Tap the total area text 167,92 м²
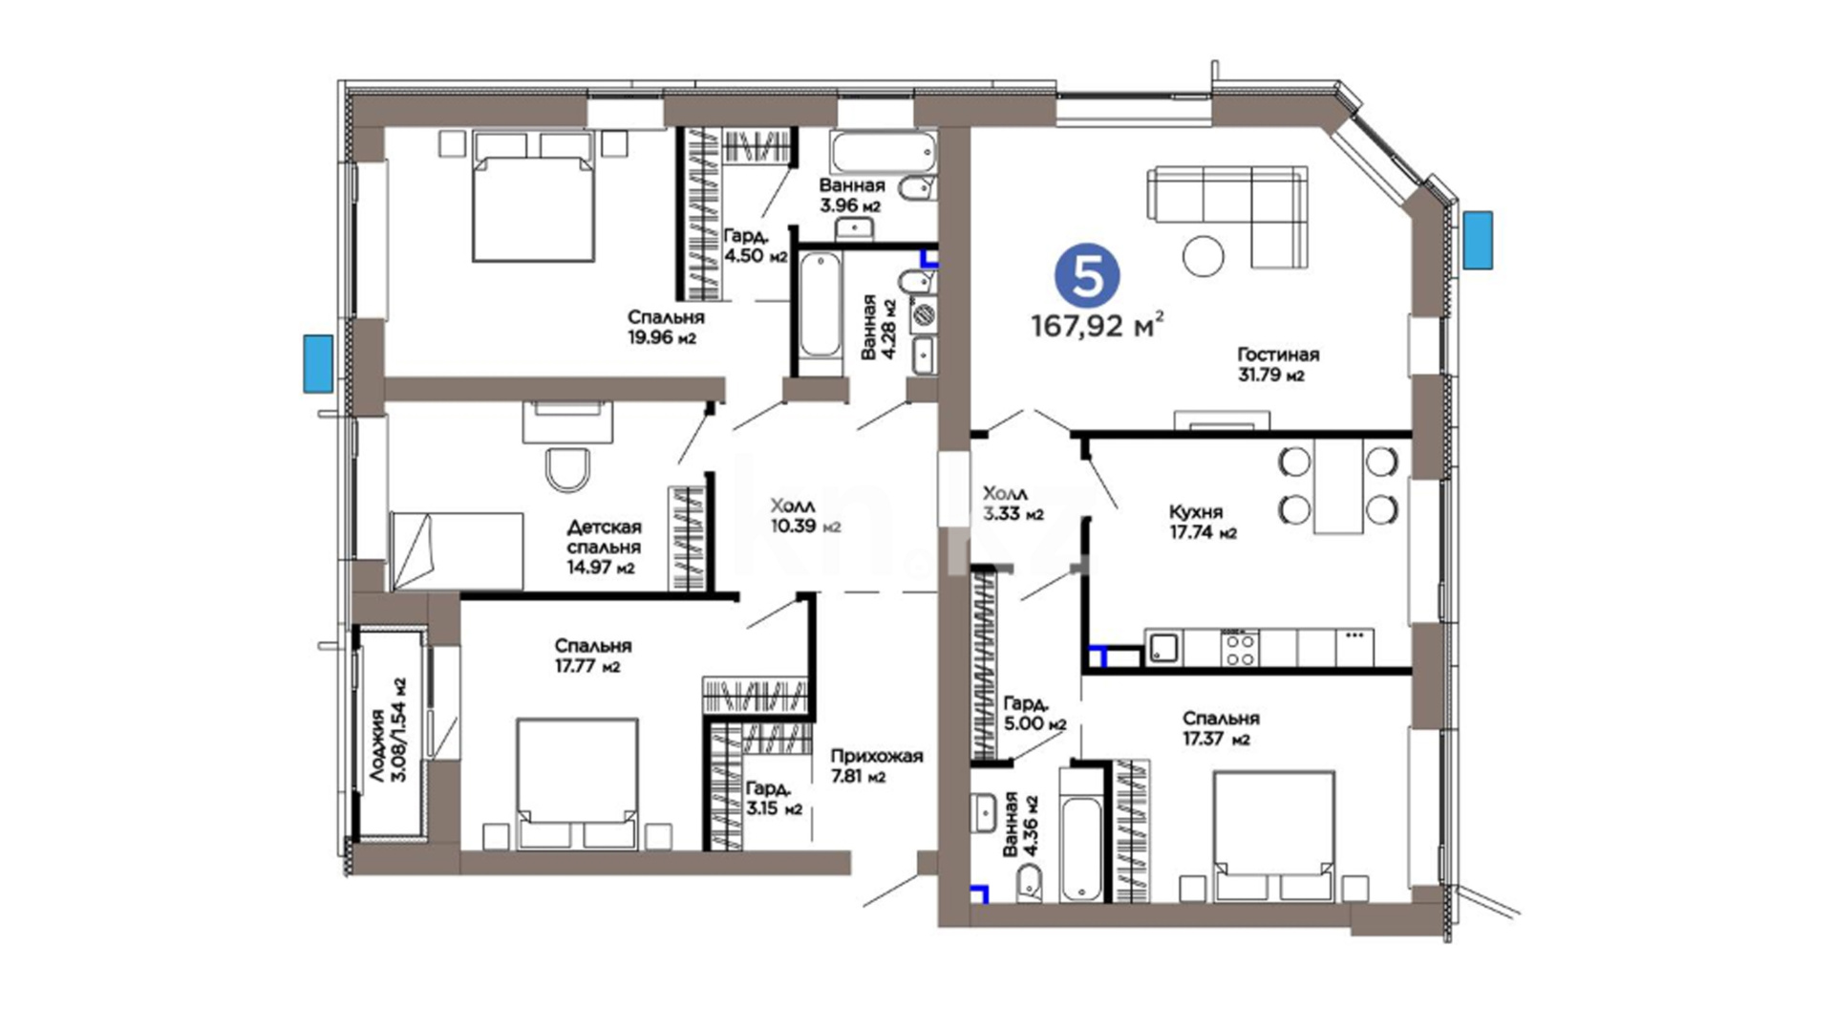coord(1098,326)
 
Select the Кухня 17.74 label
coord(1203,522)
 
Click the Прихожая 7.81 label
coord(876,765)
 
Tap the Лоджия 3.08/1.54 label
coord(389,731)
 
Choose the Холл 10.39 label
coord(805,515)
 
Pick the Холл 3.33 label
coord(1013,504)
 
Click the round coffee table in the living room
coord(1203,255)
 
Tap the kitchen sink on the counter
coord(1162,648)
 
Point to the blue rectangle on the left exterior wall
coord(318,363)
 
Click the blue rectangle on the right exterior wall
coord(1478,240)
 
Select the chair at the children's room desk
coord(568,468)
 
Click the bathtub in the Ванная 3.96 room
coord(885,151)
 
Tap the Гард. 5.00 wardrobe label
coord(1035,714)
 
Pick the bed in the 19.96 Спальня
coord(534,197)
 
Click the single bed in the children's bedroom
coord(457,551)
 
